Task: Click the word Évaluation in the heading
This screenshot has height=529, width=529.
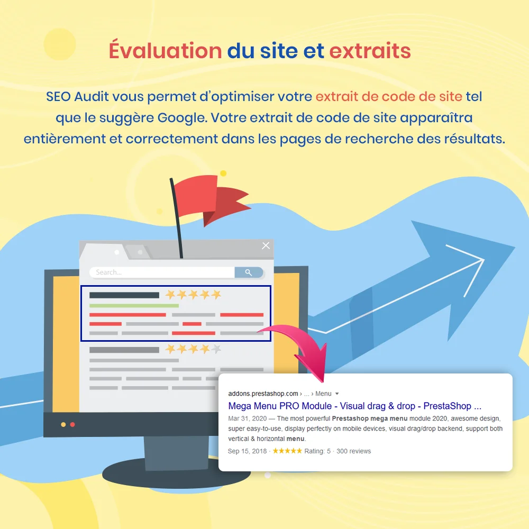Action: coord(165,51)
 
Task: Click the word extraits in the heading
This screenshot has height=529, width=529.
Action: coord(370,51)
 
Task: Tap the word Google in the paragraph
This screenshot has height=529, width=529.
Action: coord(181,117)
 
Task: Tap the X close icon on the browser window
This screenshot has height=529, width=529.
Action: coord(266,245)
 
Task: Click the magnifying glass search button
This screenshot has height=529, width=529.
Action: coord(249,272)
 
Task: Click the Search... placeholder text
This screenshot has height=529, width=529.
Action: coord(109,272)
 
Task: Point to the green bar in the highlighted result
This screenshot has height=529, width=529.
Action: coord(134,305)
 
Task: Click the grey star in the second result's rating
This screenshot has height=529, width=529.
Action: coord(216,349)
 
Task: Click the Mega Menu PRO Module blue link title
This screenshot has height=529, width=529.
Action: coord(354,406)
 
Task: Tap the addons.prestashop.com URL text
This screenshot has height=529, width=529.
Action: coord(263,394)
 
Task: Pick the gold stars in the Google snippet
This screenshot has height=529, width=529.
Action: coord(287,451)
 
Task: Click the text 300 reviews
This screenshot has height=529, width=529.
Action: coord(354,451)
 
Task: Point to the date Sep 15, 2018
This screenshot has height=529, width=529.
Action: coord(247,451)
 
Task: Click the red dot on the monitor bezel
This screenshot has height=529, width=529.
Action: coord(72,424)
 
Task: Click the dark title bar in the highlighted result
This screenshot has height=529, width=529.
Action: coord(124,295)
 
